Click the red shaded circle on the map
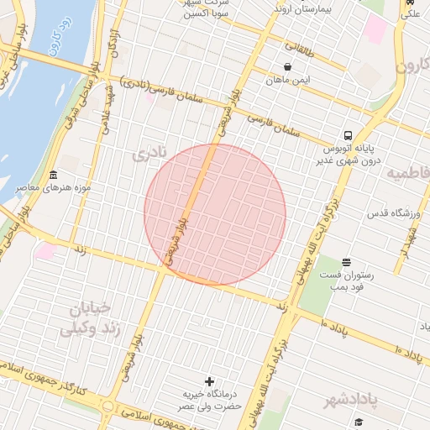coord(215,214)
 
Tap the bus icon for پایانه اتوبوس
coord(347,136)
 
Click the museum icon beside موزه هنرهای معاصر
coord(55,175)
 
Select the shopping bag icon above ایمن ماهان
coord(288,66)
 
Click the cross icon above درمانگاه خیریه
coord(209,382)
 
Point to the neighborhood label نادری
coord(150,155)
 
